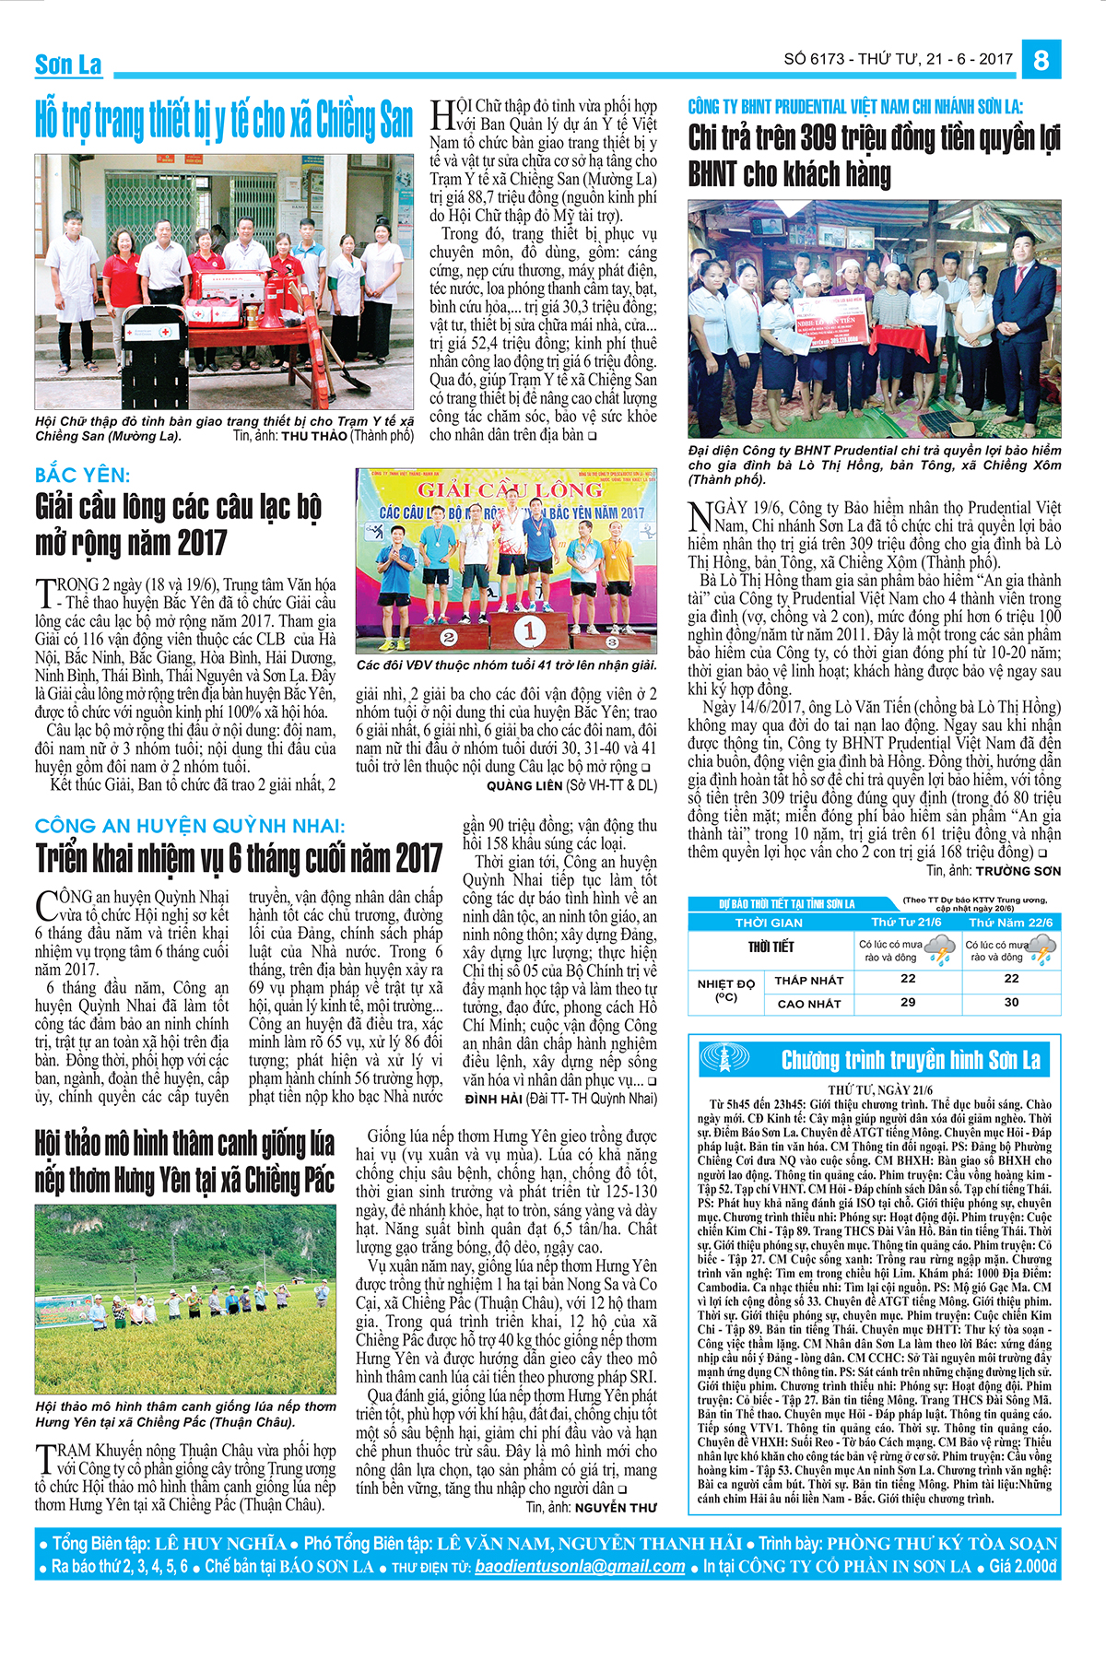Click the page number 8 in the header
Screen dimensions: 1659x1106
[1041, 60]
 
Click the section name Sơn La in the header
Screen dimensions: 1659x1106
[68, 65]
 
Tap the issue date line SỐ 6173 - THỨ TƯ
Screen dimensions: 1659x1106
[898, 59]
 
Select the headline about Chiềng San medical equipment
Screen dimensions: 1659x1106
[224, 121]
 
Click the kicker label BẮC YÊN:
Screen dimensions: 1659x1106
[83, 476]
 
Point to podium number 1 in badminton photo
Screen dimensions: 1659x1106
[530, 631]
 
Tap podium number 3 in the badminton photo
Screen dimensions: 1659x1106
[612, 641]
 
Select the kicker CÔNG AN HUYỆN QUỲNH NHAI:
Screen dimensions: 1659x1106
[190, 826]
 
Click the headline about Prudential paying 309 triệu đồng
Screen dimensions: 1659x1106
[874, 156]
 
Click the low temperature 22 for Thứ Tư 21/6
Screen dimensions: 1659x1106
[908, 979]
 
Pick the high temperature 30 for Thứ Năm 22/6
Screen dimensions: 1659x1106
[1011, 1003]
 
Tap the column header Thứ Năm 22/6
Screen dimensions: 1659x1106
[1010, 923]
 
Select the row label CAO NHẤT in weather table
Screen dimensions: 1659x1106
[809, 1004]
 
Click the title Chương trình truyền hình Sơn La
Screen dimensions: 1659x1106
[911, 1060]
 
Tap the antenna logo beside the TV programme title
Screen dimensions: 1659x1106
[725, 1058]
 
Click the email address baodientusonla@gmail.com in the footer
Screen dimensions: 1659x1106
[580, 1567]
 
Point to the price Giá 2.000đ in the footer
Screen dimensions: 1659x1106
[1022, 1567]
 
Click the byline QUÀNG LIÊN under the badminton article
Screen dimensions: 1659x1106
[524, 785]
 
